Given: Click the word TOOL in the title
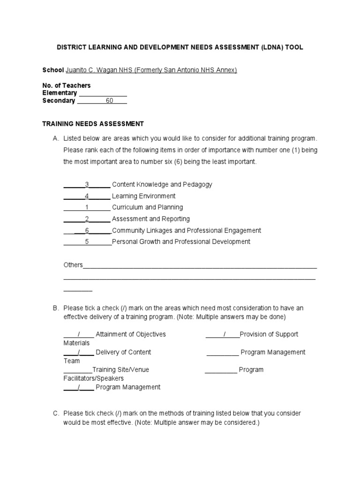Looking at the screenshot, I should pyautogui.click(x=293, y=48).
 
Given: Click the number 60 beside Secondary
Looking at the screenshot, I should pyautogui.click(x=109, y=101).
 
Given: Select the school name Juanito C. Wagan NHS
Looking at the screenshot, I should pyautogui.click(x=100, y=70).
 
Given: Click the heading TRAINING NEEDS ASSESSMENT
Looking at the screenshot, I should pyautogui.click(x=93, y=124).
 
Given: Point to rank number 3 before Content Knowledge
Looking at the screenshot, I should pyautogui.click(x=87, y=185).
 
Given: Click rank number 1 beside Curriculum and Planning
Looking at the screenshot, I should pyautogui.click(x=87, y=207).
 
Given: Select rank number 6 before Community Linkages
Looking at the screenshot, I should pyautogui.click(x=87, y=231).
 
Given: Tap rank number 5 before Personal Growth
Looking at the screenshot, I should pyautogui.click(x=87, y=242).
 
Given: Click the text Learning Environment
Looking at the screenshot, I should pyautogui.click(x=143, y=196).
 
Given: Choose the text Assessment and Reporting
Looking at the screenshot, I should pyautogui.click(x=150, y=219).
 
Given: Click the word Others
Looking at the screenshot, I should pyautogui.click(x=73, y=265).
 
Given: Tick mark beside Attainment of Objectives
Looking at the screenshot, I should pyautogui.click(x=79, y=335).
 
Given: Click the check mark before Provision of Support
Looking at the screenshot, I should pyautogui.click(x=225, y=335).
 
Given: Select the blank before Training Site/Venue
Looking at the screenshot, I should pyautogui.click(x=77, y=370).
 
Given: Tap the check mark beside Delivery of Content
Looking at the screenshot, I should pyautogui.click(x=79, y=352).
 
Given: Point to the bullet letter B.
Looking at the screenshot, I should pyautogui.click(x=56, y=308).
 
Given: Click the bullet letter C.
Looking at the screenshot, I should pyautogui.click(x=56, y=413).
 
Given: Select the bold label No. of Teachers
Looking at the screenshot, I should pyautogui.click(x=67, y=86).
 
